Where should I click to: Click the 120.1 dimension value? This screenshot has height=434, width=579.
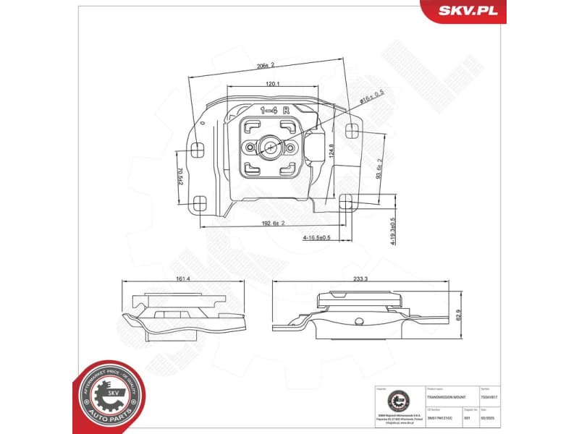[273, 84]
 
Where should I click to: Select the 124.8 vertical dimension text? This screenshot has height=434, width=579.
[331, 152]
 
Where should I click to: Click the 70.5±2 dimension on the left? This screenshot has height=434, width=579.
[179, 176]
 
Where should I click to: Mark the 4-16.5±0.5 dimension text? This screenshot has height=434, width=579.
[316, 237]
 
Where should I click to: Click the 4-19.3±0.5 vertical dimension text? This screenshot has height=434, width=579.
[393, 232]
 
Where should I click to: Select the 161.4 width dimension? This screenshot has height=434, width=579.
[182, 279]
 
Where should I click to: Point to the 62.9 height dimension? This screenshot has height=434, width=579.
[458, 315]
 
